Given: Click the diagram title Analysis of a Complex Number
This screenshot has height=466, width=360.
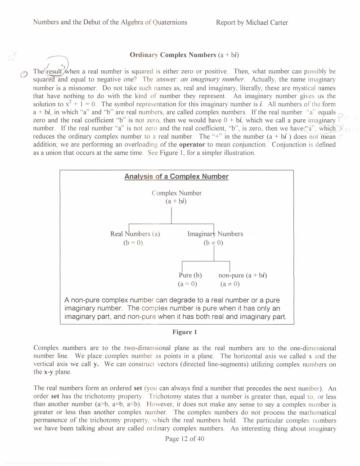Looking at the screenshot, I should click(x=176, y=176).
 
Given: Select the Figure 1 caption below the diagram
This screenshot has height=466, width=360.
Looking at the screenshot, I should click(x=184, y=332).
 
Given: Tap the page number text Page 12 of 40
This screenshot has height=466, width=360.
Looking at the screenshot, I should click(x=184, y=439).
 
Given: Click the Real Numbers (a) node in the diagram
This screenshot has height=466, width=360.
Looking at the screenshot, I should click(x=135, y=234).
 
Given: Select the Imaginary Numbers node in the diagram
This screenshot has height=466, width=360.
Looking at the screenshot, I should click(x=215, y=234).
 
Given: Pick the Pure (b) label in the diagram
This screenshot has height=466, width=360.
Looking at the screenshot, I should click(x=190, y=276).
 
